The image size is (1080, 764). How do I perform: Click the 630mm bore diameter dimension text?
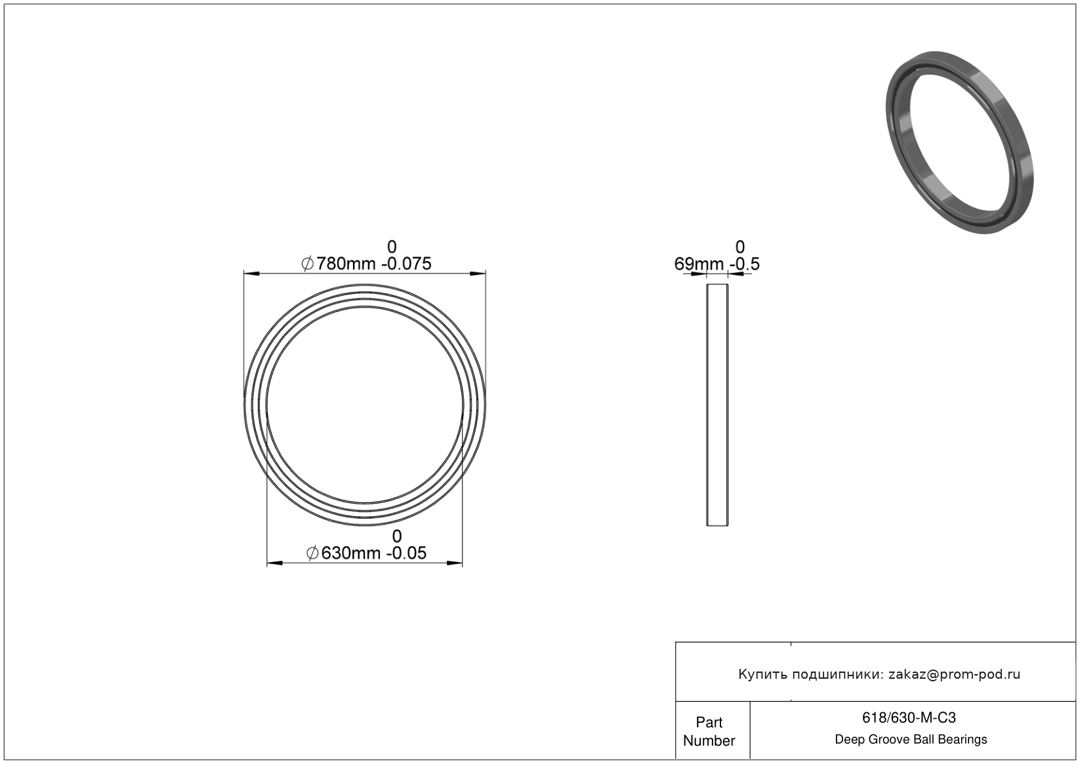click(350, 553)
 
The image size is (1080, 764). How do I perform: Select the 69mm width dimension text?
click(699, 264)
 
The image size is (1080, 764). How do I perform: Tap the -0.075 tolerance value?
click(406, 264)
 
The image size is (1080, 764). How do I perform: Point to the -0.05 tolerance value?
click(406, 553)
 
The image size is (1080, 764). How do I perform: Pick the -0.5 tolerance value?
click(745, 264)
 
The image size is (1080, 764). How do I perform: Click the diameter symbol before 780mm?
click(307, 264)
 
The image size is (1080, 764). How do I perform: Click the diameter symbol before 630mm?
click(312, 553)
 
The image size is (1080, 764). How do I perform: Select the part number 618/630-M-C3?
click(909, 717)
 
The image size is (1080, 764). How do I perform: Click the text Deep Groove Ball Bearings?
click(911, 739)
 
